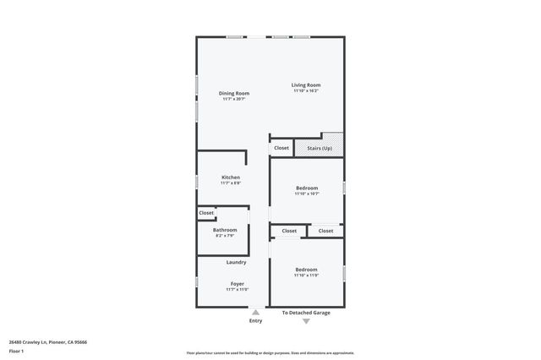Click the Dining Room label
234,93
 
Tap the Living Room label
306,85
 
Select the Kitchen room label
231,177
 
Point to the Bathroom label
225,230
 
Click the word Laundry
236,262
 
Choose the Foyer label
238,283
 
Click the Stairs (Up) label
319,148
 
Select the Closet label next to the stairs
281,148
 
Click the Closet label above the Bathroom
206,213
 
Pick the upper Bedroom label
307,188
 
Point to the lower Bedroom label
306,270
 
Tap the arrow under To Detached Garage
306,321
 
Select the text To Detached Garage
306,313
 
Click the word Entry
255,321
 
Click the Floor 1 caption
17,350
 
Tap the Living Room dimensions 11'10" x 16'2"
306,91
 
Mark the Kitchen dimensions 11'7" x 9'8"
231,183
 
